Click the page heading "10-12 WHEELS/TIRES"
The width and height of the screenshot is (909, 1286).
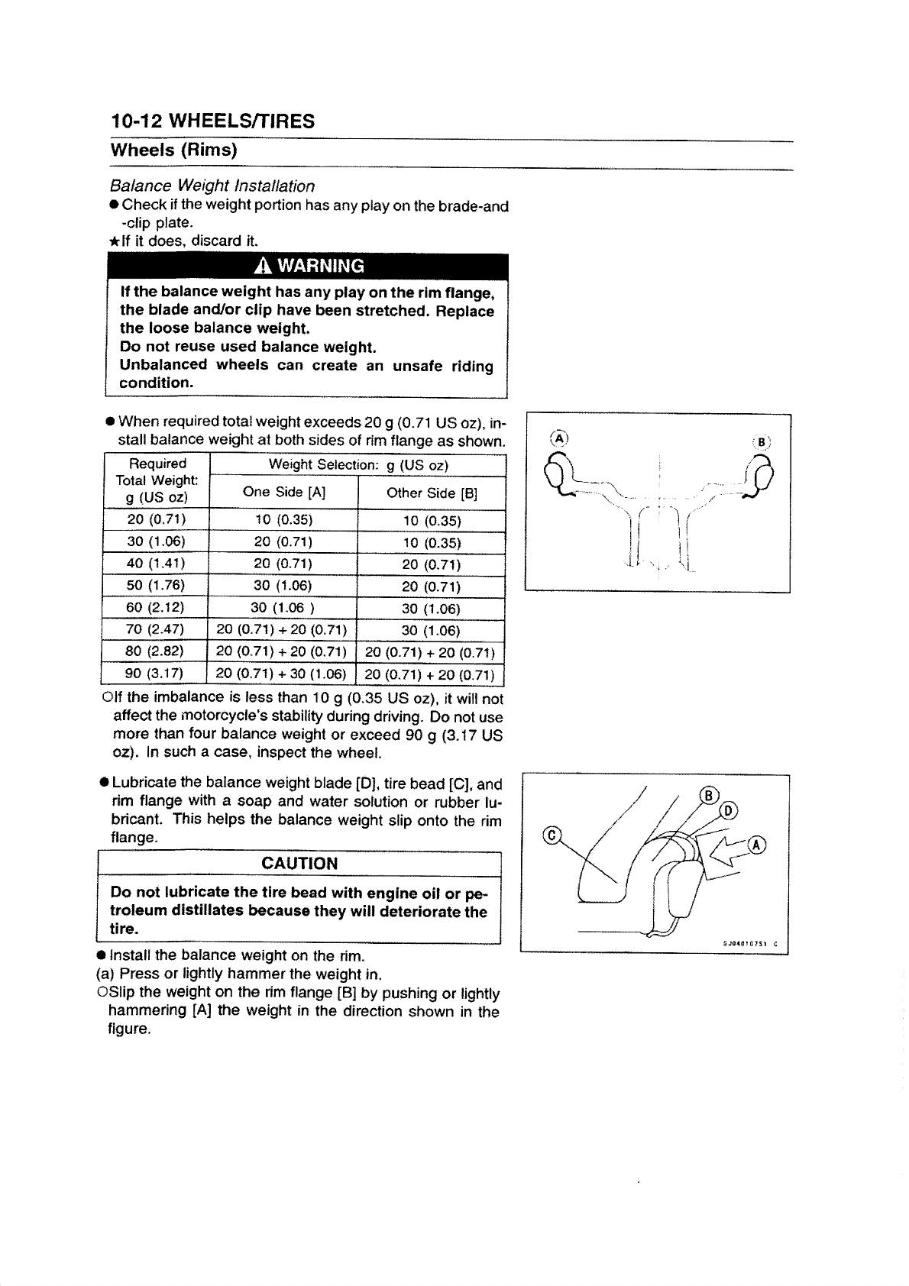[212, 121]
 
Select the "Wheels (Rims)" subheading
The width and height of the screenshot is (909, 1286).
[173, 149]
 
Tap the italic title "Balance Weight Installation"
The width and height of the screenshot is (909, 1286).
[212, 186]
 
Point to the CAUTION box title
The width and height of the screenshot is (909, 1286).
[299, 863]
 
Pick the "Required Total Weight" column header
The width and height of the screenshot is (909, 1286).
[157, 480]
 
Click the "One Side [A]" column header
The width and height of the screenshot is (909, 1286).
[283, 493]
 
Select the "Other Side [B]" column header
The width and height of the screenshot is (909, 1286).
[432, 493]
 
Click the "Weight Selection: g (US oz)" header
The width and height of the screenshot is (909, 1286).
[357, 465]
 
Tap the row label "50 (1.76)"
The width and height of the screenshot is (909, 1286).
[156, 586]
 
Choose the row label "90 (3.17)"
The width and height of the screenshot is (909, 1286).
[156, 674]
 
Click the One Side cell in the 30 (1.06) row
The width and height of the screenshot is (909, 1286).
[283, 543]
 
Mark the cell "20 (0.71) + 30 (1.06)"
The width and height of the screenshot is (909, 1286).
[282, 674]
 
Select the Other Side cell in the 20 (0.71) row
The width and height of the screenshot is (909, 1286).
[432, 521]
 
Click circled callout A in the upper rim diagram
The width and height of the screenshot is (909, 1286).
[559, 438]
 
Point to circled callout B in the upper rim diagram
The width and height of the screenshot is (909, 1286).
[762, 441]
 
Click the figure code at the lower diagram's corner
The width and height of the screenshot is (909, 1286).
[749, 942]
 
